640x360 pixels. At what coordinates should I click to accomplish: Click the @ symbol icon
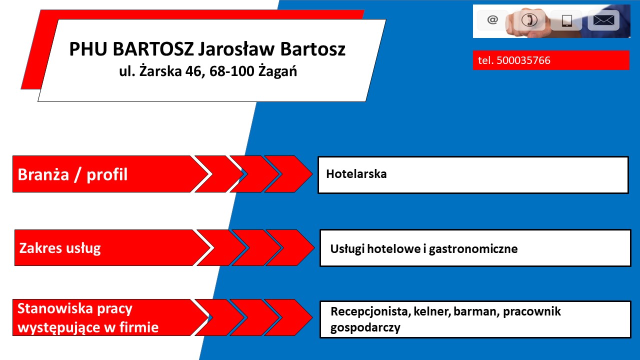492,20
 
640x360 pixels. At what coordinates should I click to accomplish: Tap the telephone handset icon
529,20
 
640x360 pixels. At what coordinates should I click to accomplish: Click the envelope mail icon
603,20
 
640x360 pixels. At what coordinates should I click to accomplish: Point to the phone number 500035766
523,60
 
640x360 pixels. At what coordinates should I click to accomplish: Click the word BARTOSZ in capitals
153,49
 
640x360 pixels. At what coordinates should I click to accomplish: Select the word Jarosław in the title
236,49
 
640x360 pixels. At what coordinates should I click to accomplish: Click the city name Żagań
277,71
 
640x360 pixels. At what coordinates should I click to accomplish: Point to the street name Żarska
160,71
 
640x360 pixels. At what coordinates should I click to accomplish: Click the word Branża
43,174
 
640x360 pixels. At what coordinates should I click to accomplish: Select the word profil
107,174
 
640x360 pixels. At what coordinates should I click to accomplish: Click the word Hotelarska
356,173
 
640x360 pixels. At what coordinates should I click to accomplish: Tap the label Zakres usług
60,248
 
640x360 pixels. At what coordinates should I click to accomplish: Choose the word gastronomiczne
473,249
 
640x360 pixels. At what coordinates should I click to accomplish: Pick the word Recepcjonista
370,311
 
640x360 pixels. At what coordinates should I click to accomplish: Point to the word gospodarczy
365,327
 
